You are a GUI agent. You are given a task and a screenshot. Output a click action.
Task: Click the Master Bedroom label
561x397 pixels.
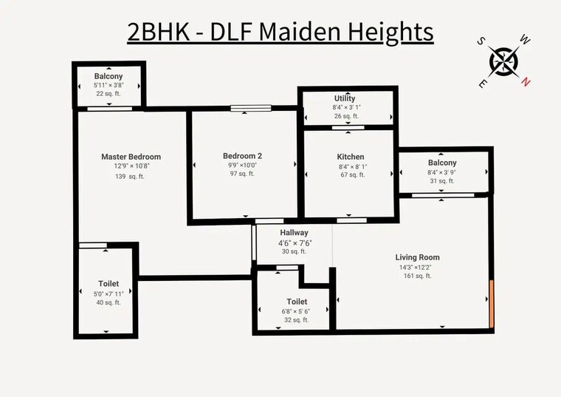pyautogui.click(x=131, y=157)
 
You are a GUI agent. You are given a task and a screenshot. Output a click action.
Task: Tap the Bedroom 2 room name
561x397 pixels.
pyautogui.click(x=242, y=156)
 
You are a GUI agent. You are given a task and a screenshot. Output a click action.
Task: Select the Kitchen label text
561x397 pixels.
pyautogui.click(x=351, y=157)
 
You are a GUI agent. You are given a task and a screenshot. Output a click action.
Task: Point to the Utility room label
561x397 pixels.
pyautogui.click(x=345, y=98)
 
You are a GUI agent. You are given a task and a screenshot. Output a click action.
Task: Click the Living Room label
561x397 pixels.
pyautogui.click(x=418, y=257)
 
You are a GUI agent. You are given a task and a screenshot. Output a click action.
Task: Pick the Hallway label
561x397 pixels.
pyautogui.click(x=294, y=233)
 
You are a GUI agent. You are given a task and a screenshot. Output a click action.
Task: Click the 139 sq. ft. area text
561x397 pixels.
pyautogui.click(x=130, y=176)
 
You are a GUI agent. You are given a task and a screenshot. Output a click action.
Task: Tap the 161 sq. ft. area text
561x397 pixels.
pyautogui.click(x=418, y=276)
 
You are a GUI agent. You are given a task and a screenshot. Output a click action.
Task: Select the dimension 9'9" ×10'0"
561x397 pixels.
pyautogui.click(x=243, y=165)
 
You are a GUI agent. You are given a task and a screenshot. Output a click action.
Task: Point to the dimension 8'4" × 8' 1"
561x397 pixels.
pyautogui.click(x=353, y=166)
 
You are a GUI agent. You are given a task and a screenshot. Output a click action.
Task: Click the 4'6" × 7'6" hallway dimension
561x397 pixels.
pyautogui.click(x=295, y=243)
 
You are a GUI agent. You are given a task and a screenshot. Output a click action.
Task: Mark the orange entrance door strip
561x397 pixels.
pyautogui.click(x=492, y=304)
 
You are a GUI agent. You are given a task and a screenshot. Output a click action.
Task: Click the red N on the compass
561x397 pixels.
pyautogui.click(x=525, y=82)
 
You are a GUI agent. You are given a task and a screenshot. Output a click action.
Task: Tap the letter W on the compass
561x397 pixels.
pyautogui.click(x=525, y=40)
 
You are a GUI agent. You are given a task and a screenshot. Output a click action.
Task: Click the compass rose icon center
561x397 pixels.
pyautogui.click(x=503, y=61)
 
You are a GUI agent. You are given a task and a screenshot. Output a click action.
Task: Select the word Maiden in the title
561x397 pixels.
pyautogui.click(x=300, y=32)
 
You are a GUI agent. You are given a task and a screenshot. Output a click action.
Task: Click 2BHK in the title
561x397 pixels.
pyautogui.click(x=158, y=32)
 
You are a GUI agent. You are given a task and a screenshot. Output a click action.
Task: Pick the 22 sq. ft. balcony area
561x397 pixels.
pyautogui.click(x=109, y=93)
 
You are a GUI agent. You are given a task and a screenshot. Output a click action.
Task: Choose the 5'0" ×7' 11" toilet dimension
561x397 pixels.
pyautogui.click(x=109, y=293)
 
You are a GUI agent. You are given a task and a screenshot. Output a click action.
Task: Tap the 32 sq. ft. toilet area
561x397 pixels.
pyautogui.click(x=296, y=320)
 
